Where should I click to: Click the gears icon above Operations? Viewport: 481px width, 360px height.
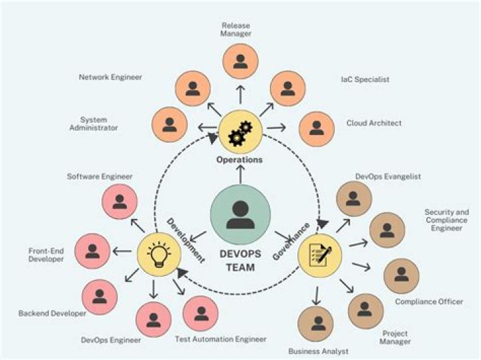238,130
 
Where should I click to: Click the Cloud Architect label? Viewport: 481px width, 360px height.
373,124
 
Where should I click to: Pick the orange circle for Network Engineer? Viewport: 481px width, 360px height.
192,88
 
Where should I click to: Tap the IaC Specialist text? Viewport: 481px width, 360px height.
365,79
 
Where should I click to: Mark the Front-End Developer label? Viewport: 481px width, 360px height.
46,254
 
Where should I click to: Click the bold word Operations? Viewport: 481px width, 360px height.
239,160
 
